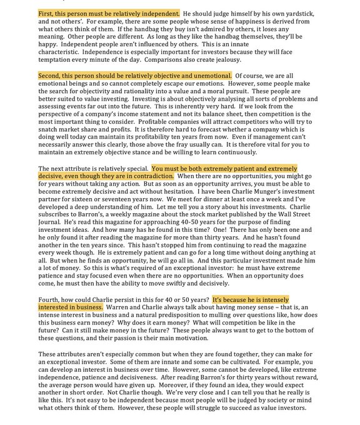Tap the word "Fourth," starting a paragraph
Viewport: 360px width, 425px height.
pos(52,299)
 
